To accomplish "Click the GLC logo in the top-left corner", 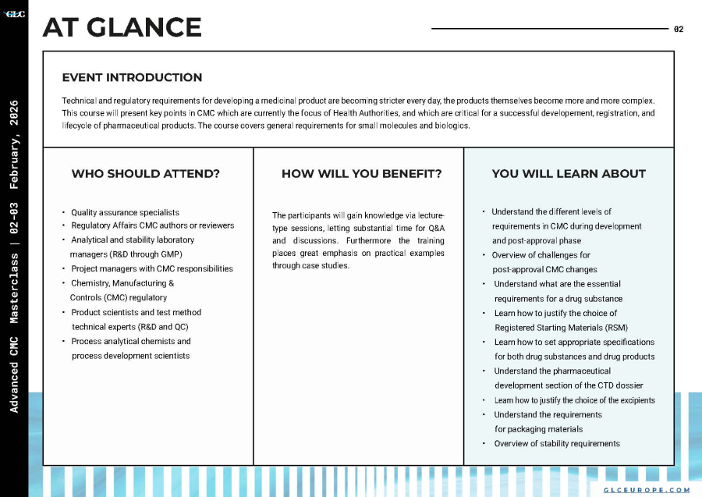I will tap(15, 13).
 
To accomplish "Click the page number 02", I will tap(679, 30).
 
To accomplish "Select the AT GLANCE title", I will tap(122, 28).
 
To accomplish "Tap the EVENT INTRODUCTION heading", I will tap(132, 77).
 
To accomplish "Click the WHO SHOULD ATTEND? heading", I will tap(146, 173).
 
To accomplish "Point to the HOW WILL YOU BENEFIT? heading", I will tap(361, 173).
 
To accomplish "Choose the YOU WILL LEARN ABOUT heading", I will tap(569, 173).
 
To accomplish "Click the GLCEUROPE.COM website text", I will tap(647, 490).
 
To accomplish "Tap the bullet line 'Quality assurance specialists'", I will tap(125, 212).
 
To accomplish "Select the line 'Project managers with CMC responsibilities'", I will tap(151, 268).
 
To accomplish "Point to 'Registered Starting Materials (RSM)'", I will tap(561, 328).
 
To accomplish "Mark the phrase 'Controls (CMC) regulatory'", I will tap(119, 297).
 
